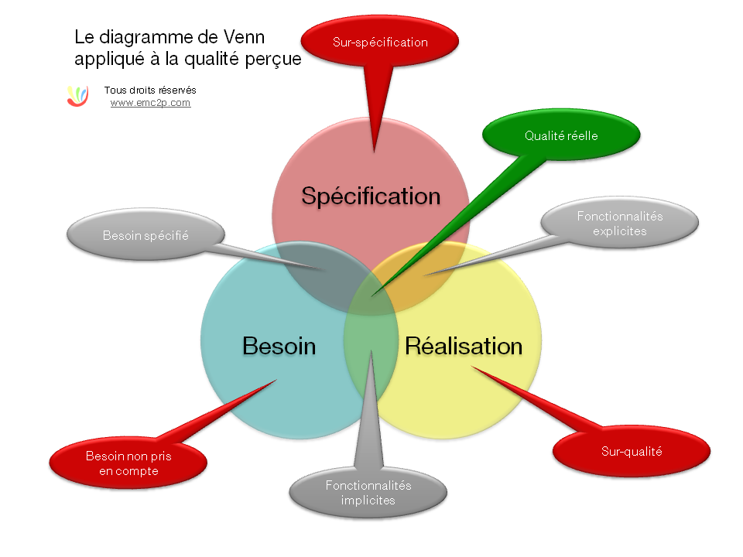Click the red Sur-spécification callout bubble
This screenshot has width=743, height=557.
tap(380, 43)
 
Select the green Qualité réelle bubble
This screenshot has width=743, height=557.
tap(561, 135)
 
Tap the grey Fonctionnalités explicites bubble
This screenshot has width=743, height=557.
tap(619, 223)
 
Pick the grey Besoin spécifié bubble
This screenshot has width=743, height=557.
tap(146, 235)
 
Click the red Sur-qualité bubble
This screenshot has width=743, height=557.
tap(632, 451)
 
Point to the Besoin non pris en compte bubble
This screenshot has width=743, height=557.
tap(128, 463)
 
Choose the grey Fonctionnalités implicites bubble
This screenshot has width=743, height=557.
tap(368, 493)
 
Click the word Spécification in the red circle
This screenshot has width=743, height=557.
tap(371, 196)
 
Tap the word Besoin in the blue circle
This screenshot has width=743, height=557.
tap(279, 345)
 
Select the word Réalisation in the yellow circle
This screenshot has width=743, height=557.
tap(464, 345)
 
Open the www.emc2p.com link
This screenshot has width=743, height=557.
tap(150, 102)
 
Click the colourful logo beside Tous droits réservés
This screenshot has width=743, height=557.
tap(77, 95)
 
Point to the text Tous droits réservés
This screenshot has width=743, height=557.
tap(150, 90)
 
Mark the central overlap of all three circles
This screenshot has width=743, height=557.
tap(371, 292)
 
